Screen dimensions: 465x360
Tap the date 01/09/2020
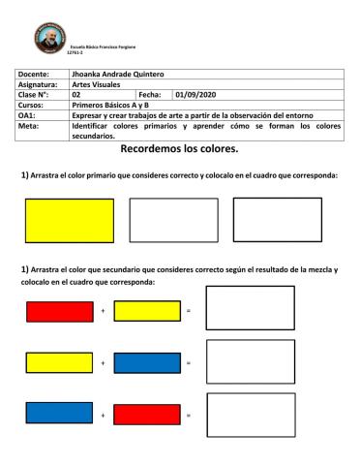(196, 94)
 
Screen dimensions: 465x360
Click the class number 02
(76, 94)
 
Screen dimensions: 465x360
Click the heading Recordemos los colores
(179, 150)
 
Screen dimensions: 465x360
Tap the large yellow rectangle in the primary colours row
(69, 220)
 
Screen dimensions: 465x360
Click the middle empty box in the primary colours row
(173, 220)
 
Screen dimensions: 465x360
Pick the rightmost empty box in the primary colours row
(277, 219)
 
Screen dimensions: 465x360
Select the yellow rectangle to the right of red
(147, 311)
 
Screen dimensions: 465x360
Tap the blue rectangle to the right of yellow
(147, 363)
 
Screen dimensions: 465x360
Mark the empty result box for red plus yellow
(250, 308)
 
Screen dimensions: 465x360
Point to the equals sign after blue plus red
(189, 415)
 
